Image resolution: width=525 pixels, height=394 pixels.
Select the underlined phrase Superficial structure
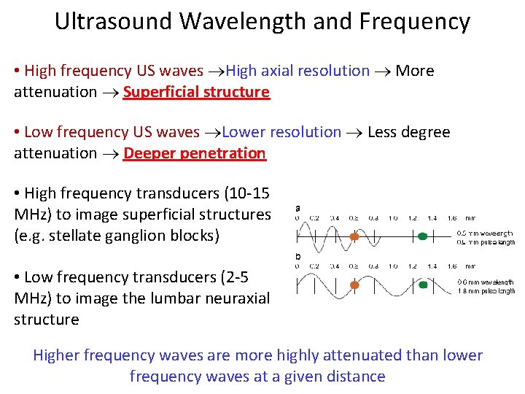pos(196,92)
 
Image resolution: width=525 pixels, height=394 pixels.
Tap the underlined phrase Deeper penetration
pos(195,153)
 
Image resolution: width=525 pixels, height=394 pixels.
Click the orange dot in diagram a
pos(354,236)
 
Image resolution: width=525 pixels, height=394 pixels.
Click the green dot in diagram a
pos(423,236)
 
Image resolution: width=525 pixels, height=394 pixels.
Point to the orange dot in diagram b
pos(354,285)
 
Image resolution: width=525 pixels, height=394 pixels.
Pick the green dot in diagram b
pos(423,285)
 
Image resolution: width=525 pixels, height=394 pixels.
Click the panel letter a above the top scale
pos(297,208)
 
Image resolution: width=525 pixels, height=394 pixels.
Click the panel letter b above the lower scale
pos(297,257)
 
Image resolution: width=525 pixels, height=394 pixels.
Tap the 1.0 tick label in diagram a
pos(393,217)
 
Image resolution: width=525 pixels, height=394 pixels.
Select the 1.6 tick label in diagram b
pos(451,266)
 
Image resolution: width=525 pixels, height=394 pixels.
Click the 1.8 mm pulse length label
pos(486,290)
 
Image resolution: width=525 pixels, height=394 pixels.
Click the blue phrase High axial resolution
pos(297,71)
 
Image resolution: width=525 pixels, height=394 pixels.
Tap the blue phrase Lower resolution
pos(281,132)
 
